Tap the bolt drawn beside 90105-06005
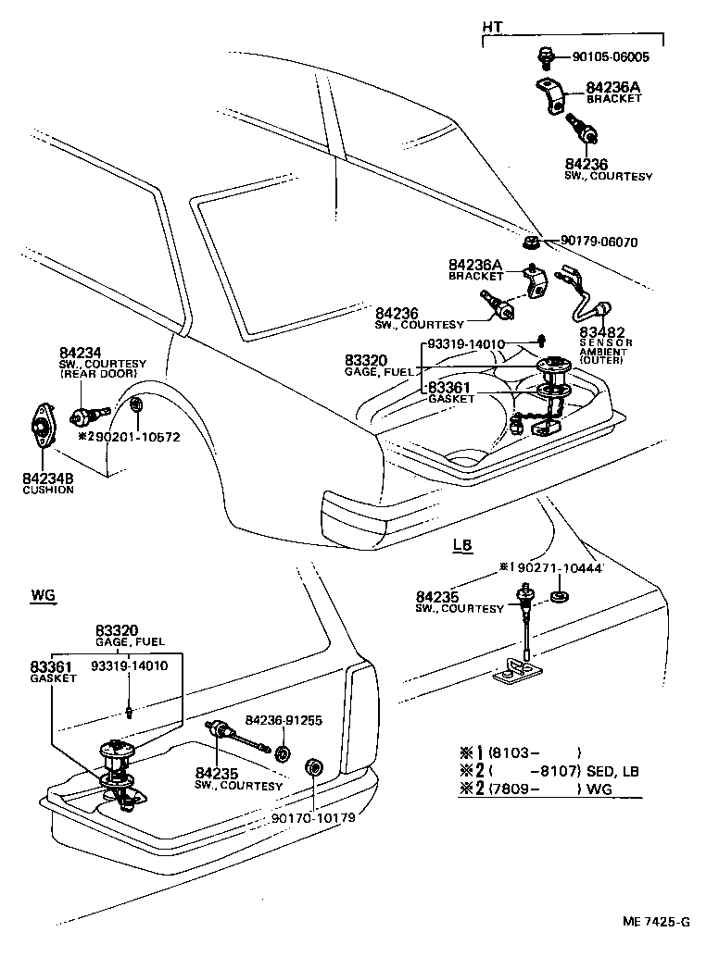(x=546, y=56)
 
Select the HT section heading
(x=492, y=28)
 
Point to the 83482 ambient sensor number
(x=601, y=332)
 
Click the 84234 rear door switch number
(x=80, y=353)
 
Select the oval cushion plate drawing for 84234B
(x=42, y=427)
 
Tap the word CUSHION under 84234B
(x=48, y=490)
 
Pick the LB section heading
(x=462, y=545)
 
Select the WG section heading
(x=44, y=595)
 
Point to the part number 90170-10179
(x=313, y=817)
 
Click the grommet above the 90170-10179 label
(x=314, y=767)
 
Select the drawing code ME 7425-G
(x=657, y=922)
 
